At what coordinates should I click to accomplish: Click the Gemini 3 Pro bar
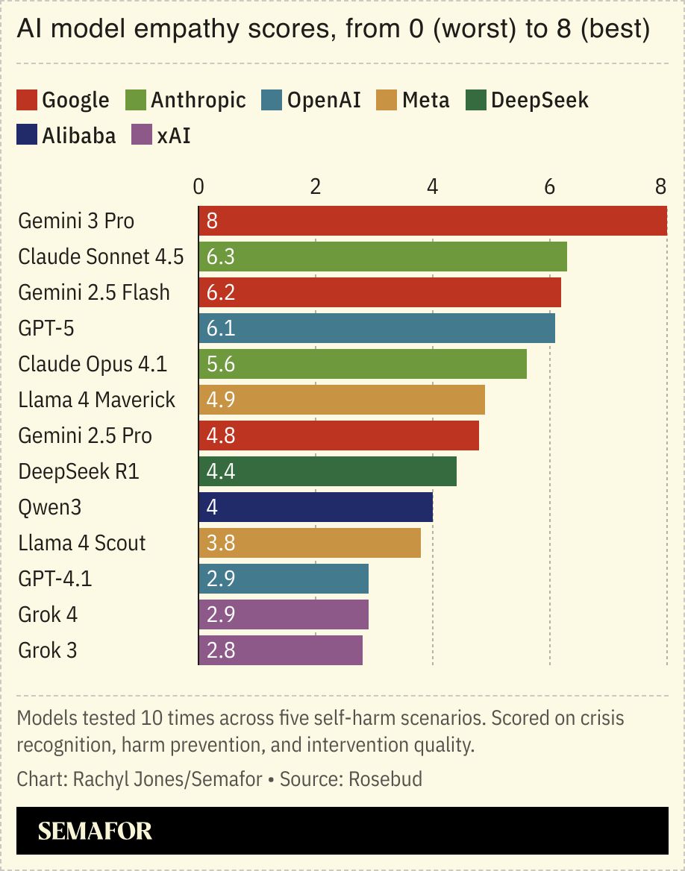coord(433,221)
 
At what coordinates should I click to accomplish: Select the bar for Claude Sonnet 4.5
coord(383,257)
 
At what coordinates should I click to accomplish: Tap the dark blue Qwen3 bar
coord(316,507)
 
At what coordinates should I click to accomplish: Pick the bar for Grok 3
coord(281,650)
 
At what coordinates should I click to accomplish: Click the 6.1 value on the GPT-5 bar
coord(221,328)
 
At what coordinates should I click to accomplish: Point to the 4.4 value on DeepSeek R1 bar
coord(221,471)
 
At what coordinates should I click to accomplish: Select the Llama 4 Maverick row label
coord(97,400)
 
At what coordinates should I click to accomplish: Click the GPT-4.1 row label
coord(55,579)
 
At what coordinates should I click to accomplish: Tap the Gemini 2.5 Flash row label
coord(94,292)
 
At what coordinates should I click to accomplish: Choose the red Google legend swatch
coord(27,100)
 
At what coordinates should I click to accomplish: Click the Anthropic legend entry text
coord(198,100)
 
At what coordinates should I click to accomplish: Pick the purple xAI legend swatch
coord(141,136)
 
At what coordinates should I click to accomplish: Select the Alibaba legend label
coord(79,136)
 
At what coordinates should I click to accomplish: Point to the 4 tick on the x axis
coord(433,186)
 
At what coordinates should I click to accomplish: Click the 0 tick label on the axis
coord(198,186)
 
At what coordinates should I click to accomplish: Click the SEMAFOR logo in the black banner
coord(95,831)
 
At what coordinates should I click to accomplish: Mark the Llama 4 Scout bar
coord(310,543)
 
